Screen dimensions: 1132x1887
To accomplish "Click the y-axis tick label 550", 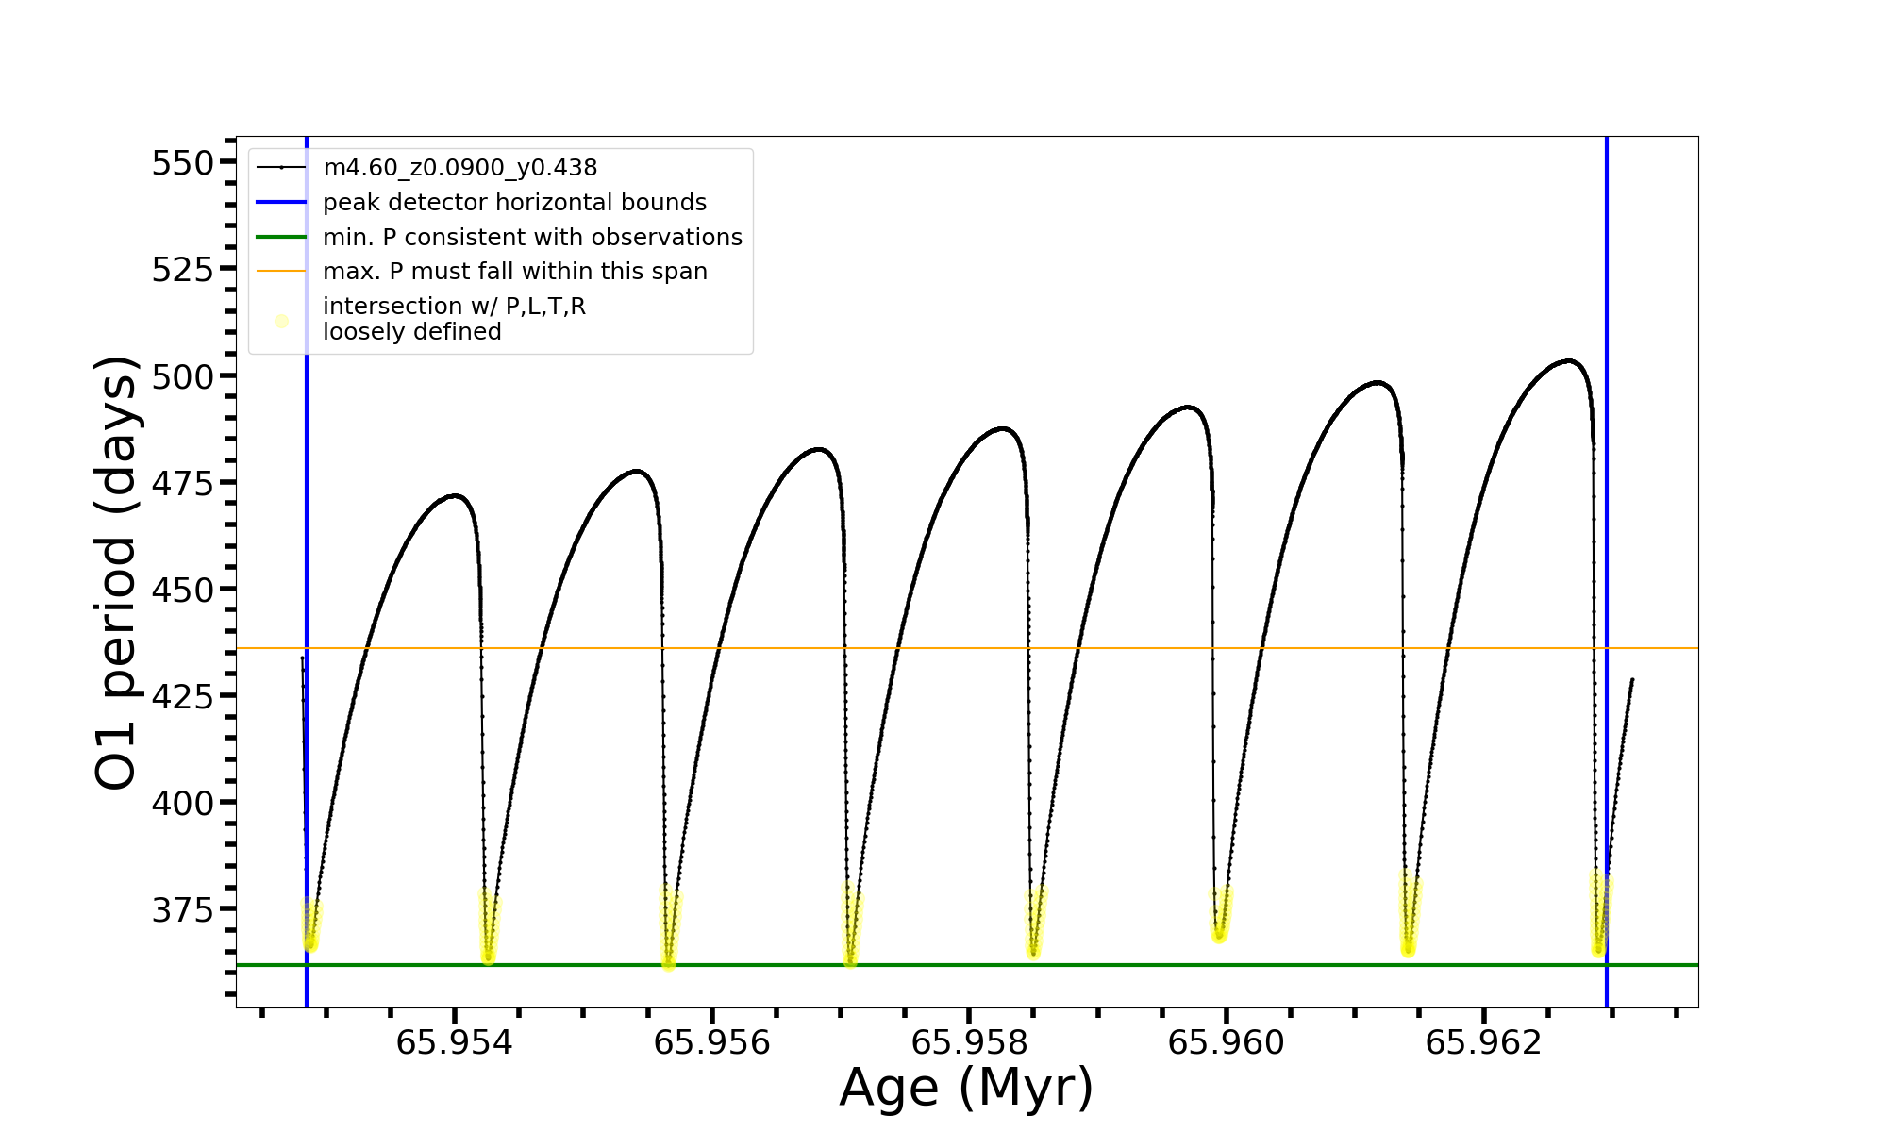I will coord(183,163).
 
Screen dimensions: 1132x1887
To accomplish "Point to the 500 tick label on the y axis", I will coord(183,376).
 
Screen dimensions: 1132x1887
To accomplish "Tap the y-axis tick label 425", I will coord(183,696).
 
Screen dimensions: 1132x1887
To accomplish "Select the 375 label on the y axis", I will coord(183,909).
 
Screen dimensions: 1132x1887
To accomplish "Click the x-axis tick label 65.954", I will coord(454,1043).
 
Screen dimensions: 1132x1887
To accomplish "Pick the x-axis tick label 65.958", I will coord(968,1043).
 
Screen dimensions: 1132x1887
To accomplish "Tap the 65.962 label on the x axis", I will coord(1483,1043).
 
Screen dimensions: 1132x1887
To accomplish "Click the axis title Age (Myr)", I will coord(966,1088).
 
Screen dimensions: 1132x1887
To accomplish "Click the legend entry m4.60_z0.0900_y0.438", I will coord(459,168).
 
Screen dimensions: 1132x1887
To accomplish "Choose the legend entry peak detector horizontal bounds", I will coord(514,203).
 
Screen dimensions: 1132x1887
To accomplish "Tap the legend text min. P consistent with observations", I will coord(532,238).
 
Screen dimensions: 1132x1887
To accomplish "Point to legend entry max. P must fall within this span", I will coord(514,272).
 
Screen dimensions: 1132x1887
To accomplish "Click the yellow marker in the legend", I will coord(281,321).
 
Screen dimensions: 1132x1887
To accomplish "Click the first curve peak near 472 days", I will coord(456,495).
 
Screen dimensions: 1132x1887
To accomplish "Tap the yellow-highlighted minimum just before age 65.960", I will coord(1219,935).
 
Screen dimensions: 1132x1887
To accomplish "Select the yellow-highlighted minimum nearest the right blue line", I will coord(1598,949).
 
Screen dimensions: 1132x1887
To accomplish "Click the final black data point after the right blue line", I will coord(1632,679).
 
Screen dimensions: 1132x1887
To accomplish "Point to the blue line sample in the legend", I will coord(281,203).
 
